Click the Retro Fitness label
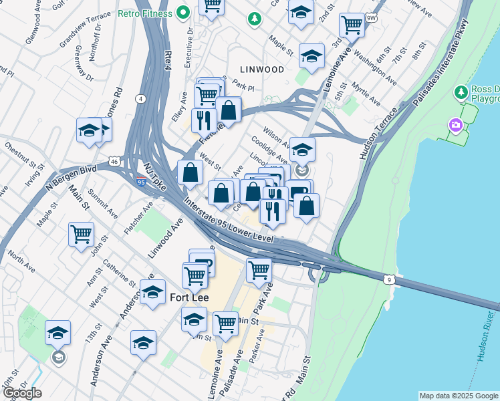[146, 13]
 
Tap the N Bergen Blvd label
[72, 177]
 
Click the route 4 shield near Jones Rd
[140, 99]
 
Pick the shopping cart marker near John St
[81, 235]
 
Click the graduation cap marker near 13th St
[57, 332]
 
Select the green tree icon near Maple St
[254, 19]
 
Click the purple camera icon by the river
[456, 125]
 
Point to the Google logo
[22, 393]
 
